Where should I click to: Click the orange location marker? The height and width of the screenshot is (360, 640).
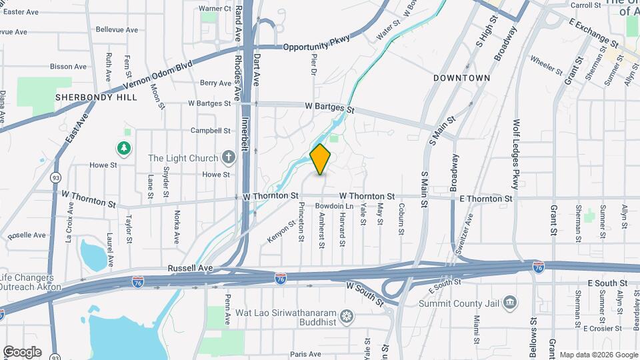[x=321, y=159]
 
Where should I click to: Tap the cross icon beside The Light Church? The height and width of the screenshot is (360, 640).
[x=229, y=158]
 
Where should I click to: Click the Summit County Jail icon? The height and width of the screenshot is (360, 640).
[x=510, y=303]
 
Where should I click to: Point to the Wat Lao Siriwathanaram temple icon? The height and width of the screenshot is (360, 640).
[x=346, y=315]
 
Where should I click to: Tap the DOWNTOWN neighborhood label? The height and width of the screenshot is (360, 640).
[x=461, y=78]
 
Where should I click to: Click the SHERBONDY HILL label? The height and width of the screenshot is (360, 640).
[x=96, y=97]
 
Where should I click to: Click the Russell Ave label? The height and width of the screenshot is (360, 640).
[x=190, y=268]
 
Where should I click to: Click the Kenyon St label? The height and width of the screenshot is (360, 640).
[x=281, y=231]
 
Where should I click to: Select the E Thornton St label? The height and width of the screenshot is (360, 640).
[x=486, y=199]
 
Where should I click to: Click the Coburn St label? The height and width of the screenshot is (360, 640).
[x=401, y=219]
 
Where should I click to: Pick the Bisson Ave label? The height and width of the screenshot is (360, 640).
[x=69, y=67]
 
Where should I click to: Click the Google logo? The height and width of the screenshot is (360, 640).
[x=21, y=351]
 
